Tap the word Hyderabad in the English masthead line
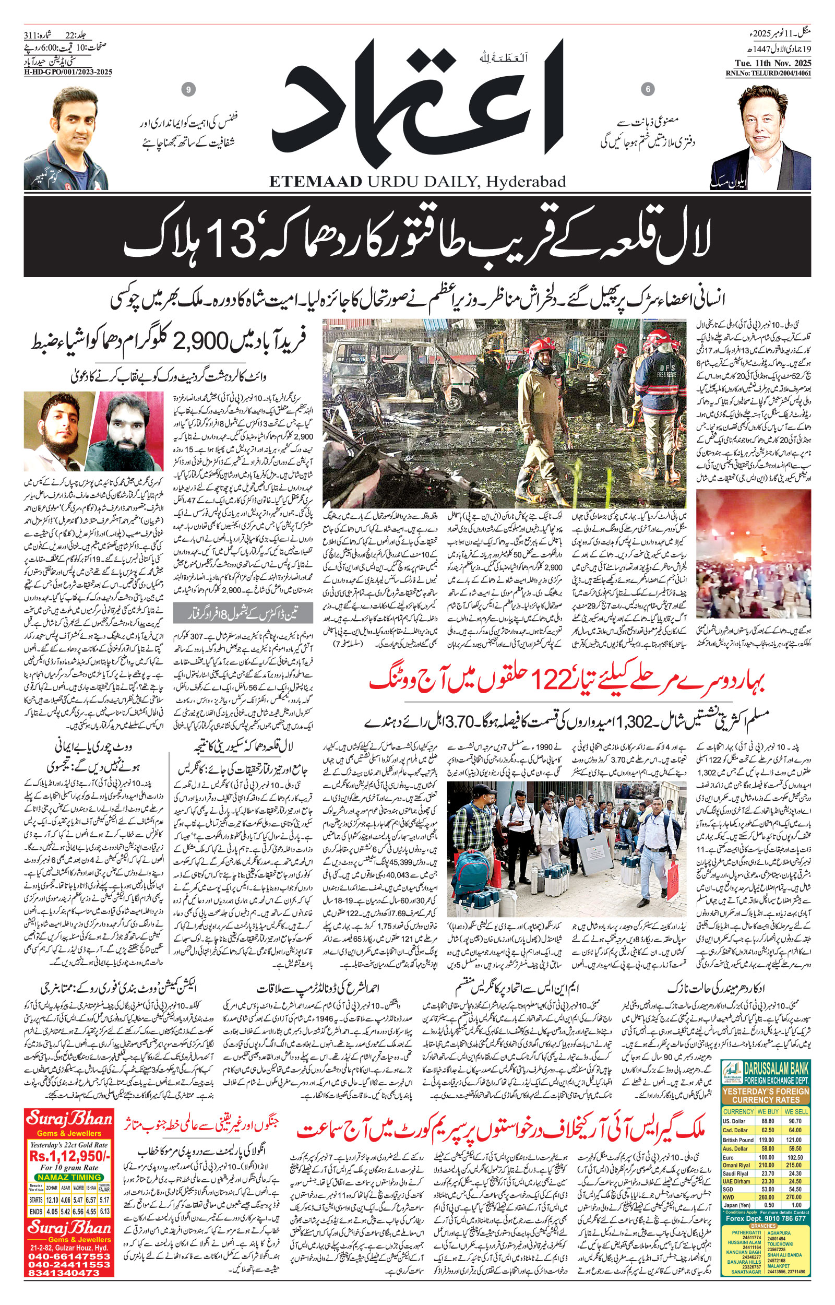point(526,182)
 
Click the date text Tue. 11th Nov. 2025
point(768,62)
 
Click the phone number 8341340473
point(69,1268)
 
